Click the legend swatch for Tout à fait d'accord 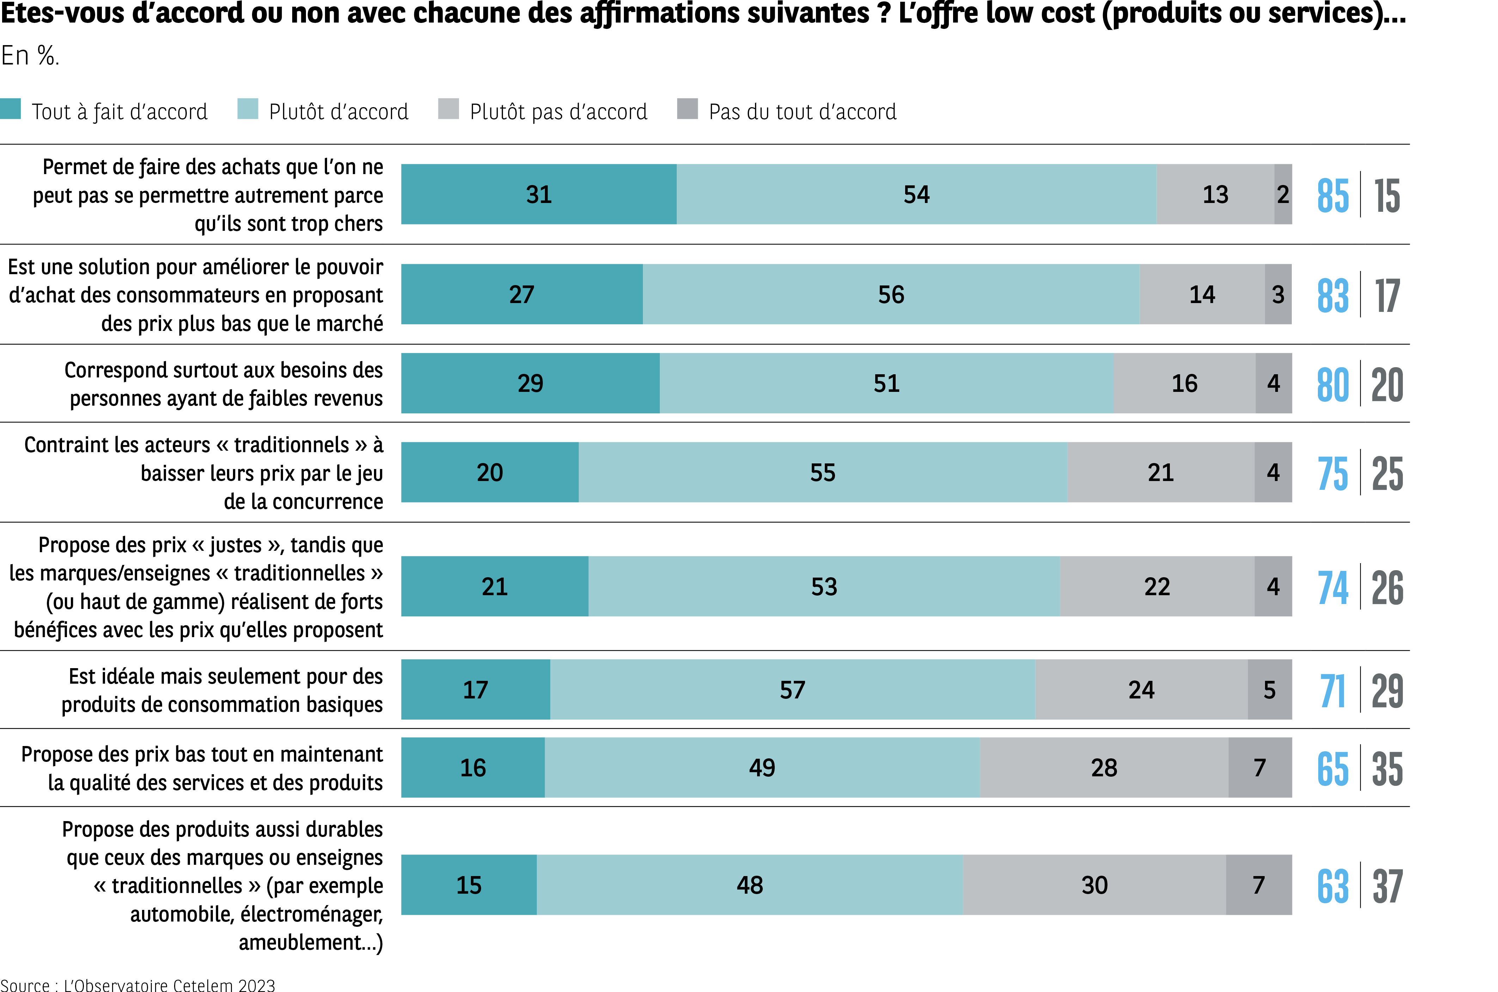11,109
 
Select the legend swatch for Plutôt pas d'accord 448,109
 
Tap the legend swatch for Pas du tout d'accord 687,109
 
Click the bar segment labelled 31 538,194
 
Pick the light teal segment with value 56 891,294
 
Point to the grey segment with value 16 1184,383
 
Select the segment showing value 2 1282,194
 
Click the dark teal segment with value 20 490,473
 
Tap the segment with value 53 824,586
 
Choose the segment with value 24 1141,690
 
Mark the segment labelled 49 762,768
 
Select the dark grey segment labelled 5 1269,690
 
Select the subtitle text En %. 30,56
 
